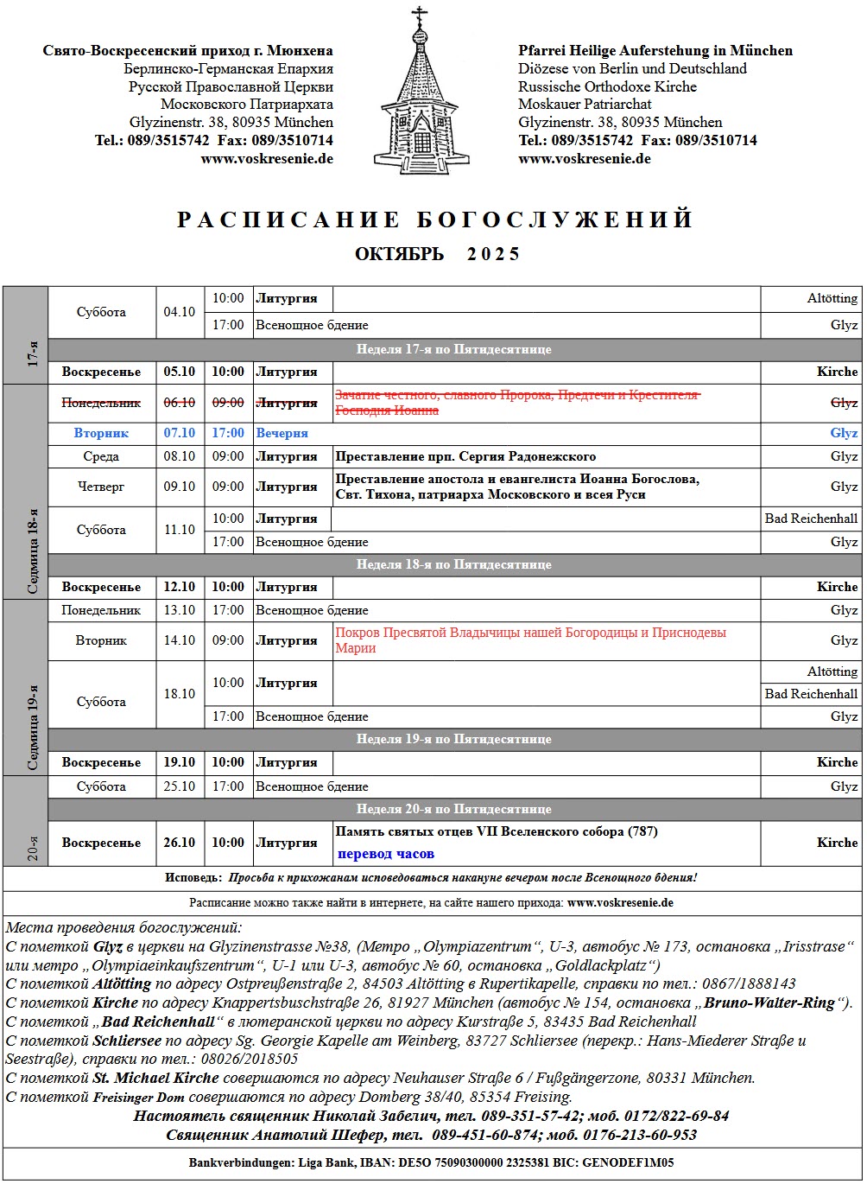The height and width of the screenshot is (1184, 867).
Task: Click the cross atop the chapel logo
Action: coord(421,15)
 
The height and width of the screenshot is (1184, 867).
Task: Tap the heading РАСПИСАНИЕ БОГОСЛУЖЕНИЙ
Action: coord(434,220)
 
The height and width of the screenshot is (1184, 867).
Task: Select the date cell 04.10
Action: coord(180,312)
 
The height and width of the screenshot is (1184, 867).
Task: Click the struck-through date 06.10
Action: coord(180,403)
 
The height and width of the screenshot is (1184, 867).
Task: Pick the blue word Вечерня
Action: coord(282,433)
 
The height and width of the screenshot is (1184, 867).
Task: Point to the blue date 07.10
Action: coord(180,433)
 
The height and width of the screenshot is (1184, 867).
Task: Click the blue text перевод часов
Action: coord(385,854)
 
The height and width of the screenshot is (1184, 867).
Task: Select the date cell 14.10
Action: coord(180,640)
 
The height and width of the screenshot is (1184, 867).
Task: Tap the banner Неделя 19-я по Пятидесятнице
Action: coord(453,739)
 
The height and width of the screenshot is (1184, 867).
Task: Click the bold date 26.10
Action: coord(180,843)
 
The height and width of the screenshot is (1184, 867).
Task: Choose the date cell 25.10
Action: coord(180,786)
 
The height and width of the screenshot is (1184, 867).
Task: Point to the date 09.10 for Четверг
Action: coord(180,487)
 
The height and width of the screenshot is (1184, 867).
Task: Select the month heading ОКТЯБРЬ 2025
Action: coord(437,254)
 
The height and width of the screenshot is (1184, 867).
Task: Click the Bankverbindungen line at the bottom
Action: coord(432,1162)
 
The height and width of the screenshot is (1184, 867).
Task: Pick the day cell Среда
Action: coord(101,456)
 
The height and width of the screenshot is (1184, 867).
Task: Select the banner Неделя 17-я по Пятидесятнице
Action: coord(453,349)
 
